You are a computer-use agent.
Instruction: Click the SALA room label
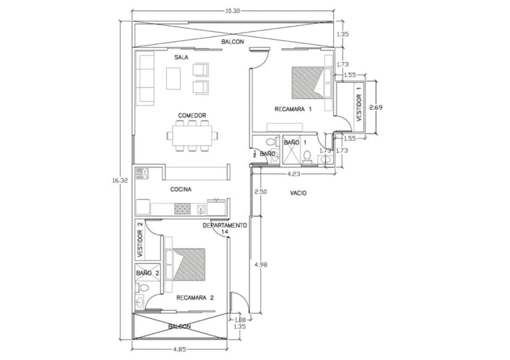(181, 57)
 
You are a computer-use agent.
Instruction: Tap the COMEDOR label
(192, 115)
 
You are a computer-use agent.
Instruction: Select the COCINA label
(181, 189)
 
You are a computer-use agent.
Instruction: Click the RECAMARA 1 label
(293, 109)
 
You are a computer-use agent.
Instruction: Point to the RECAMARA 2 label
(195, 298)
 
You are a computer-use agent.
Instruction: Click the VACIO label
(298, 193)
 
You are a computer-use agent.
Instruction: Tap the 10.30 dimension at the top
(232, 10)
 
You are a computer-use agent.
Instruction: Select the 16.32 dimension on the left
(120, 180)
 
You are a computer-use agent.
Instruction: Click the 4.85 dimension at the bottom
(179, 350)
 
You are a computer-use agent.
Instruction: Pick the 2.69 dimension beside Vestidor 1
(376, 107)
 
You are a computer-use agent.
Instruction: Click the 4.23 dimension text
(294, 174)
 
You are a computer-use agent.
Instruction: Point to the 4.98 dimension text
(261, 265)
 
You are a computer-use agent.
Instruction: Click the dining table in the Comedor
(192, 135)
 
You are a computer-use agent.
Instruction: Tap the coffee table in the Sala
(173, 78)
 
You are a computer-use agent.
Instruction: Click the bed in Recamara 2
(189, 264)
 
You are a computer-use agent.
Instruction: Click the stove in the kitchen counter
(182, 209)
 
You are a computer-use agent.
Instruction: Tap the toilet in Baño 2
(143, 287)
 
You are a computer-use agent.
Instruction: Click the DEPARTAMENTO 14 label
(225, 228)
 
